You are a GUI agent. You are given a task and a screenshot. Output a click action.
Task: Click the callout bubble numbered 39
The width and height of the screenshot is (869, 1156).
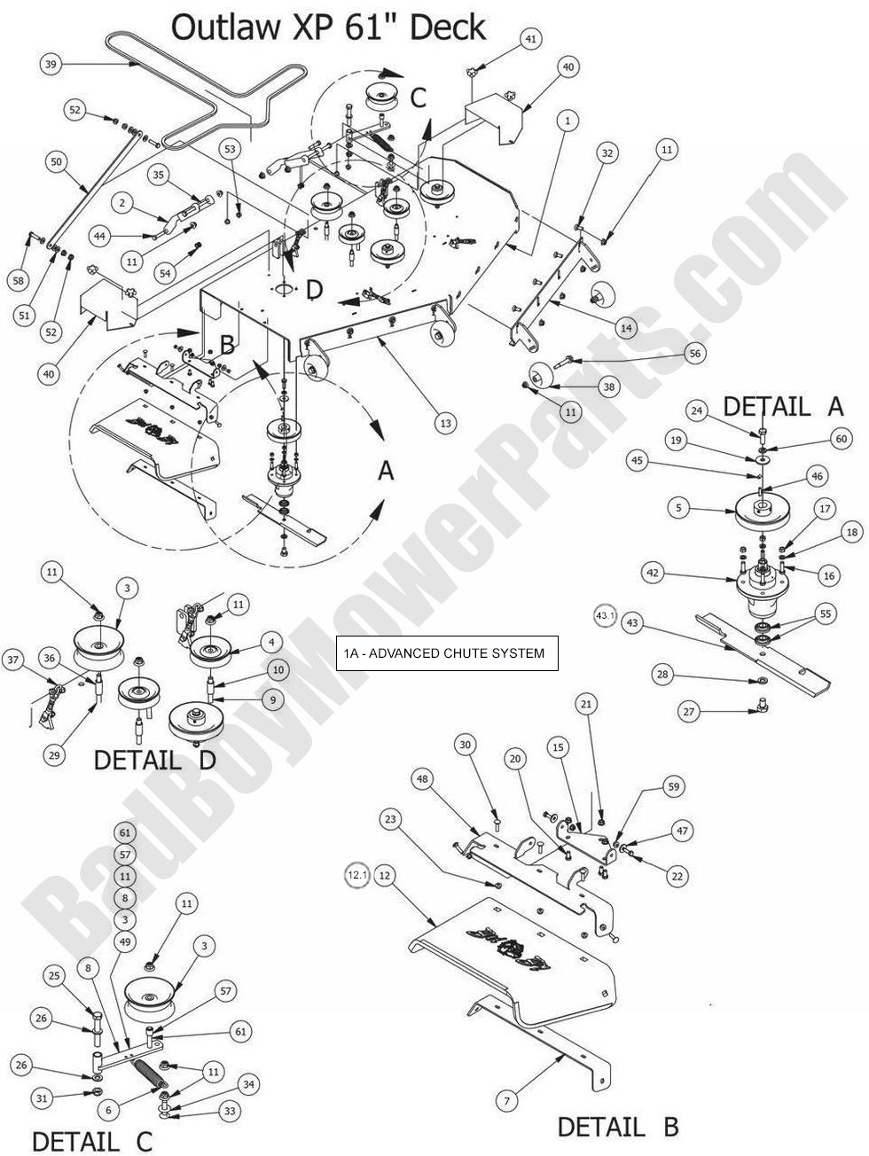(51, 63)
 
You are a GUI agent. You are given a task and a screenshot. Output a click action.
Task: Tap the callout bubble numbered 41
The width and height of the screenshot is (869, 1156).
(530, 40)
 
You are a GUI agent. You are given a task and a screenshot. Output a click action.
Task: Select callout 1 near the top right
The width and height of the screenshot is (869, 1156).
(567, 119)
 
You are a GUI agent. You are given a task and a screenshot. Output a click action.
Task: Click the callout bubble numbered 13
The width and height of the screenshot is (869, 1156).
(445, 424)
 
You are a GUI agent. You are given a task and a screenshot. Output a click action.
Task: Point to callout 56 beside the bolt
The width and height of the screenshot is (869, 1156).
(694, 353)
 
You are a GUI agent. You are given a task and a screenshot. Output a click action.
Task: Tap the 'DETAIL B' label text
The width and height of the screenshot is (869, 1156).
(618, 1127)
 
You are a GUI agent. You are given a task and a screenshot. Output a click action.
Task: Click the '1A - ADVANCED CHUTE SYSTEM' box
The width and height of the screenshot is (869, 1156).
(446, 653)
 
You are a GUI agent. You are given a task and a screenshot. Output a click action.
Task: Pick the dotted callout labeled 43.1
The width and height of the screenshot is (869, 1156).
(605, 615)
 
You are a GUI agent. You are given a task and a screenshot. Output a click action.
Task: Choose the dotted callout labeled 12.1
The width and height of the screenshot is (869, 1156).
(356, 875)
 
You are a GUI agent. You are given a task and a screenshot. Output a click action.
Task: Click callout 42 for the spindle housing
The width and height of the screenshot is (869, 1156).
(654, 574)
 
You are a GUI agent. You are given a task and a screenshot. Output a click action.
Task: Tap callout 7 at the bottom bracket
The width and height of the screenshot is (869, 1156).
(506, 1102)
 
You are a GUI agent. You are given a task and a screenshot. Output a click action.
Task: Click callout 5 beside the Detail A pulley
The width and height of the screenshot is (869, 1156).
(678, 509)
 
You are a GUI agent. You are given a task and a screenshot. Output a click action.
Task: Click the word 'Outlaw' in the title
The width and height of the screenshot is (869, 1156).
(220, 27)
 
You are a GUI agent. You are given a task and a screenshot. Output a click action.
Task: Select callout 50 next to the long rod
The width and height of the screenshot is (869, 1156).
(56, 162)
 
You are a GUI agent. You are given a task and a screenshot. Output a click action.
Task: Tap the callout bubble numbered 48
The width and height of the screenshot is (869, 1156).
(422, 779)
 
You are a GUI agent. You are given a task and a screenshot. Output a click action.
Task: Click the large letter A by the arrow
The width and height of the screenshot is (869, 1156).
(386, 471)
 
